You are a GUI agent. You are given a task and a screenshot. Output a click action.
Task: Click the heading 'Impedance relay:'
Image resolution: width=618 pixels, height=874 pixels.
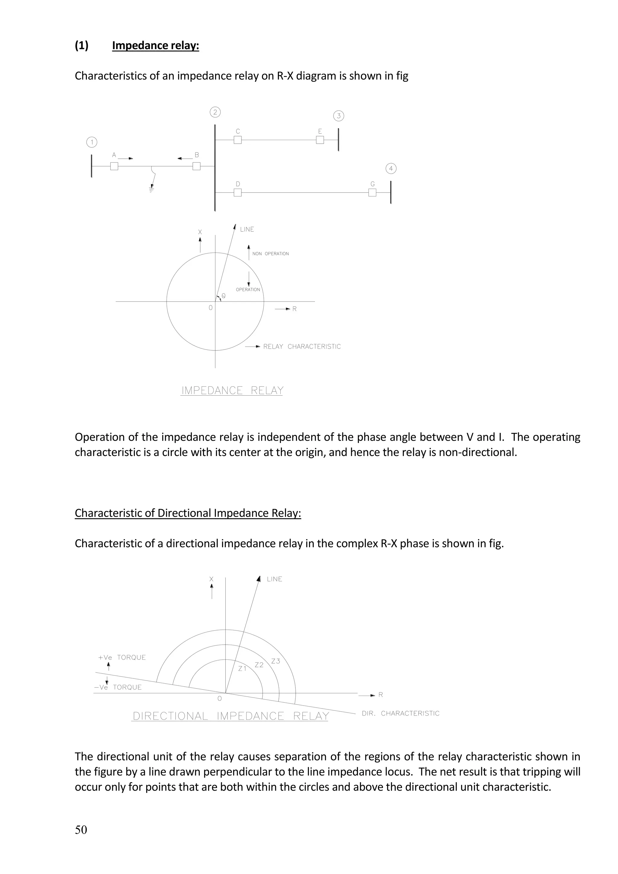pyautogui.click(x=155, y=46)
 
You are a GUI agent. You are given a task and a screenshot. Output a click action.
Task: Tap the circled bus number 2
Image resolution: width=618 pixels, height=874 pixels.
pyautogui.click(x=215, y=112)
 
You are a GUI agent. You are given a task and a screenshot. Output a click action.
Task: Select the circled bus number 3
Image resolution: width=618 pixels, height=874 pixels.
pyautogui.click(x=338, y=116)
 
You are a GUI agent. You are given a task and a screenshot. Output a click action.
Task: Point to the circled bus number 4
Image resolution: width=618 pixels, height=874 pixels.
pyautogui.click(x=391, y=169)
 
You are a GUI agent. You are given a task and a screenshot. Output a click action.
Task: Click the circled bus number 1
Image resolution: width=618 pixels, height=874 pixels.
pyautogui.click(x=92, y=142)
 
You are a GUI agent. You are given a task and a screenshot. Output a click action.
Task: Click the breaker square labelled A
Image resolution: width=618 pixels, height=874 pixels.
pyautogui.click(x=114, y=166)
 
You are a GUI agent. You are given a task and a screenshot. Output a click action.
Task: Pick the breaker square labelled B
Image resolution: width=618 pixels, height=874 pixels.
pyautogui.click(x=196, y=166)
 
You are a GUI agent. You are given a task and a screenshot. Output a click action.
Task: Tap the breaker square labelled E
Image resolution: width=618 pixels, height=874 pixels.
pyautogui.click(x=320, y=140)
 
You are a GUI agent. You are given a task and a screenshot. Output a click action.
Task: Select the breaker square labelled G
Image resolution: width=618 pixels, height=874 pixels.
pyautogui.click(x=373, y=193)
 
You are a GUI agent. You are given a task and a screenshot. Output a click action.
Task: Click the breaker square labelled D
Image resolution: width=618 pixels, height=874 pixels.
pyautogui.click(x=237, y=193)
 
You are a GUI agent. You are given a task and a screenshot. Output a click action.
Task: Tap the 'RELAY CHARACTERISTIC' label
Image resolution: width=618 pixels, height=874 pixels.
pyautogui.click(x=302, y=347)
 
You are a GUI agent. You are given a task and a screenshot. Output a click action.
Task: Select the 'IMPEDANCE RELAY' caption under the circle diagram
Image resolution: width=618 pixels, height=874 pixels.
pyautogui.click(x=232, y=391)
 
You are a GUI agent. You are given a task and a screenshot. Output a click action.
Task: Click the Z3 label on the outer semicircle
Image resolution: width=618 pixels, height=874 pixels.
pyautogui.click(x=276, y=661)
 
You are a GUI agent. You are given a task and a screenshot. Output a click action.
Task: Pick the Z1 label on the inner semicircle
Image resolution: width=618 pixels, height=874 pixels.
pyautogui.click(x=242, y=668)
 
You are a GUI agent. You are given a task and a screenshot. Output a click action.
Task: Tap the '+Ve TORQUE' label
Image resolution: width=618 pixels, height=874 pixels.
pyautogui.click(x=122, y=657)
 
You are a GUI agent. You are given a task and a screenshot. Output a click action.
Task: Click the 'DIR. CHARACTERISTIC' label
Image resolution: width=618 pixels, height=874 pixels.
pyautogui.click(x=400, y=713)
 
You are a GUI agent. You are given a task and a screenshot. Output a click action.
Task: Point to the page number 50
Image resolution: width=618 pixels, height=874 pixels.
pyautogui.click(x=81, y=830)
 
